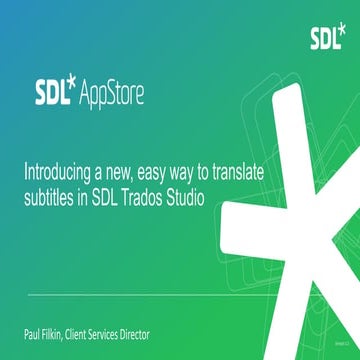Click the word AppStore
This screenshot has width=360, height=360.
point(110,96)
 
